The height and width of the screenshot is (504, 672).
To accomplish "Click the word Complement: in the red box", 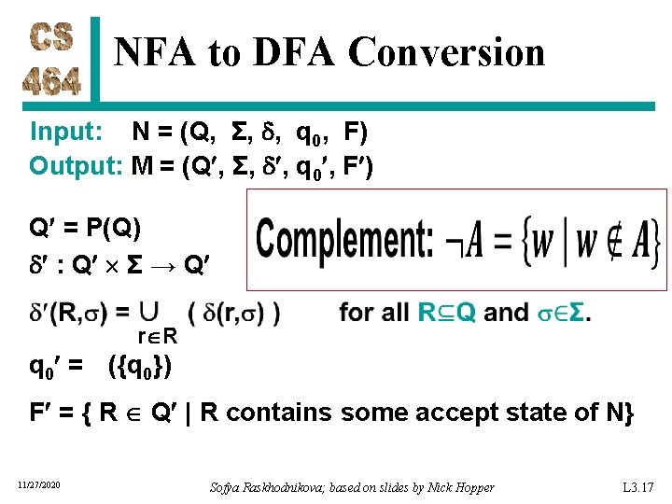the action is [x=344, y=240].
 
